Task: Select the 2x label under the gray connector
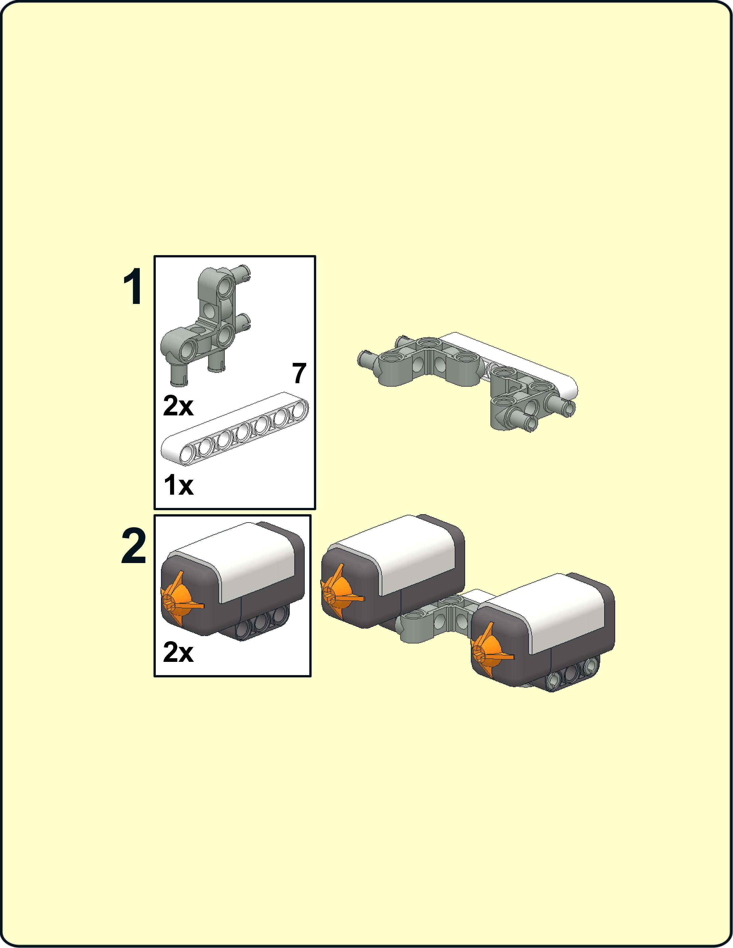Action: (178, 406)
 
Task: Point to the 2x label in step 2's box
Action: (178, 652)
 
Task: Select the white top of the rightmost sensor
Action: (560, 608)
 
